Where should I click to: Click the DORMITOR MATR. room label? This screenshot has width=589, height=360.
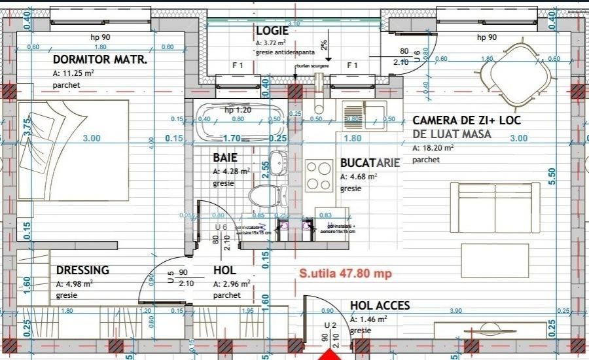[99, 61]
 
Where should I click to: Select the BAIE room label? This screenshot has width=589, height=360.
[224, 158]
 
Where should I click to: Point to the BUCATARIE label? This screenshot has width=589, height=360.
[370, 164]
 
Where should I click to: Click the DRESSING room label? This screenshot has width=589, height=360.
[82, 270]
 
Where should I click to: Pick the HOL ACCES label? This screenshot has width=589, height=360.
[380, 306]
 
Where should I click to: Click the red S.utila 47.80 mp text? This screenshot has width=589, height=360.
[345, 274]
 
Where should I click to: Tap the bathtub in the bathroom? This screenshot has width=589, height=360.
[238, 122]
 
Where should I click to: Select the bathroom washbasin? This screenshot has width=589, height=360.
[279, 161]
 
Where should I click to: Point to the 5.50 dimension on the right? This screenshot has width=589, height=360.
[551, 177]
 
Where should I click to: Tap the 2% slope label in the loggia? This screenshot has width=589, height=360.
[324, 44]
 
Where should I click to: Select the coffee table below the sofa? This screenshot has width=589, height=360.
[495, 256]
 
